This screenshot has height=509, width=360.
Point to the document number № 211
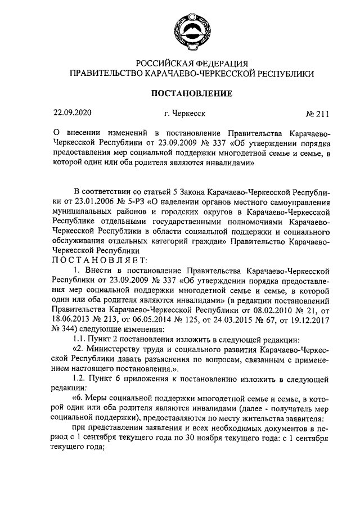[317, 114]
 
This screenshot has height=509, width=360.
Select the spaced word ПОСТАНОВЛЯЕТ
[99, 259]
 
